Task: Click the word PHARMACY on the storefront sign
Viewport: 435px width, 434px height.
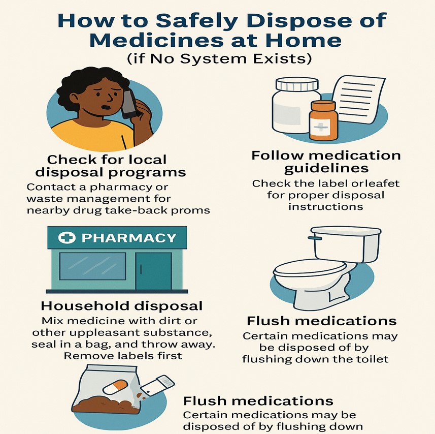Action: (x=129, y=238)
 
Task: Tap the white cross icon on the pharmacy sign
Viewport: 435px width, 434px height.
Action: (x=67, y=238)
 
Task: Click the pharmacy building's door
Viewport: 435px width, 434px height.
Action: (x=153, y=271)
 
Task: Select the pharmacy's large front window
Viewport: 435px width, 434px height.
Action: (x=92, y=266)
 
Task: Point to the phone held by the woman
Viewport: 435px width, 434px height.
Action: (x=129, y=104)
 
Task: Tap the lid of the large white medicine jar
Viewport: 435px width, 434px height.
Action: (x=297, y=84)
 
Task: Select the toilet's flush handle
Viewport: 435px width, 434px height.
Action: (x=315, y=238)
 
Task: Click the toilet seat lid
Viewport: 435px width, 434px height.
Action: (x=310, y=268)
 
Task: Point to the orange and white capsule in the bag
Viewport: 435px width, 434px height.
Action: (x=115, y=387)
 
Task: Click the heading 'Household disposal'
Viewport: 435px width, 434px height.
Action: (x=121, y=306)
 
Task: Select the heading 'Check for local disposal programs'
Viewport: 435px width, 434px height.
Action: (x=110, y=166)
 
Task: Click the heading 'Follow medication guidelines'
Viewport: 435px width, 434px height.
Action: (x=326, y=162)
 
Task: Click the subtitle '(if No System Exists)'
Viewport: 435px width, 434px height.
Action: (x=219, y=58)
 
